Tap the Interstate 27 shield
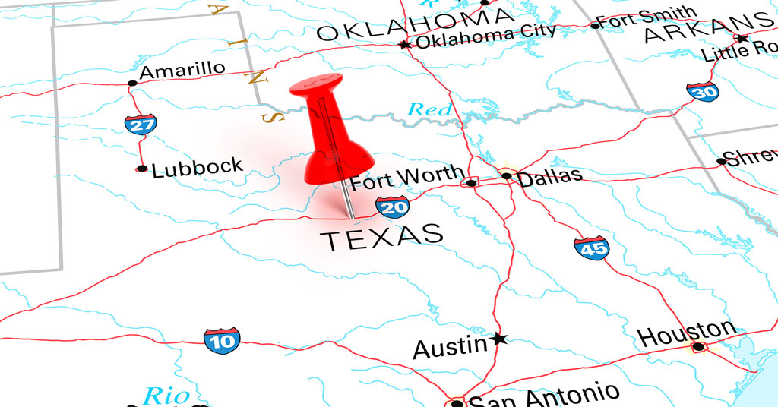(141, 124)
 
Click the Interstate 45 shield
(591, 248)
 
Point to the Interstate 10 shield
(221, 340)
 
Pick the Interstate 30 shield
(702, 91)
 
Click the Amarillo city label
(182, 70)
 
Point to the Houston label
(686, 333)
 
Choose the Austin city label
(450, 348)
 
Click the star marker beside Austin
(499, 339)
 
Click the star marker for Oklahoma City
(405, 45)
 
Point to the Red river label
(430, 109)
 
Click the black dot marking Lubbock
(141, 169)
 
